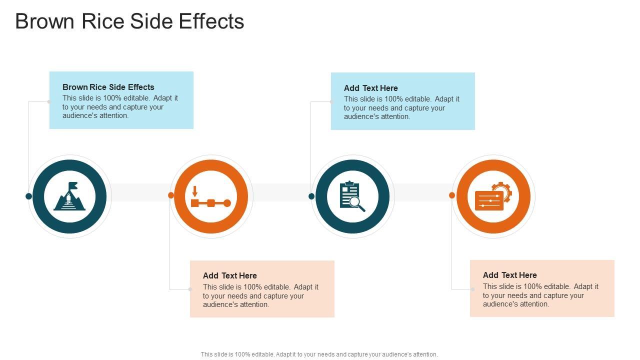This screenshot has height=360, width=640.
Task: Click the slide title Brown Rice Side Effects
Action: coord(129,21)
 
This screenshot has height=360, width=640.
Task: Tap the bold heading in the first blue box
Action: coord(108,87)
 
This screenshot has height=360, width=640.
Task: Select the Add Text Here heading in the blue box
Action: coord(370,88)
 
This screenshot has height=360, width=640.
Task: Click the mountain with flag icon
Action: coord(69,196)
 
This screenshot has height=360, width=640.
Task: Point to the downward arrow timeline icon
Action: coord(210,197)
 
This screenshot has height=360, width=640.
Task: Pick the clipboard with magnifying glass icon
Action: coord(352,196)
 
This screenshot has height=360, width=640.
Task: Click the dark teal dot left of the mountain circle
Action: coord(28,196)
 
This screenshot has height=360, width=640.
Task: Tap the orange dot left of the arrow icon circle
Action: coord(171,195)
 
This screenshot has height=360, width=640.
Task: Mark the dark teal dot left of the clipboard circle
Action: coord(311,196)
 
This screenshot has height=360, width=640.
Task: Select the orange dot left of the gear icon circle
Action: coord(452,195)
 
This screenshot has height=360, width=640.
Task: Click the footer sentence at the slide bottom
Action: coord(319,354)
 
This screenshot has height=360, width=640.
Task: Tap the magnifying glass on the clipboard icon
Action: coord(356,202)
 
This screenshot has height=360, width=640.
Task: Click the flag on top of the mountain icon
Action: coord(73,185)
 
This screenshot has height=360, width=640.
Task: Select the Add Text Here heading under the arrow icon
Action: coord(229,275)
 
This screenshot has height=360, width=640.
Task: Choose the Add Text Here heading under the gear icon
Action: coord(509,275)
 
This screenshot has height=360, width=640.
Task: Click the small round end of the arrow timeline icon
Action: coord(227,203)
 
